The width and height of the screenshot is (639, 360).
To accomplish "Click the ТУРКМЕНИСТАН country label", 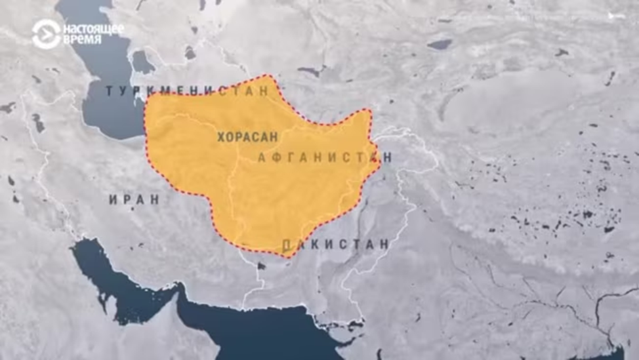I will [188, 90].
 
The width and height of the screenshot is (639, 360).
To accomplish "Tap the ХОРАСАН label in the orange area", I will [247, 137].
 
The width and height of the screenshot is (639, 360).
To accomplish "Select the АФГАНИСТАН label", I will [324, 157].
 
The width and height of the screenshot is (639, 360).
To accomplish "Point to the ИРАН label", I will [134, 199].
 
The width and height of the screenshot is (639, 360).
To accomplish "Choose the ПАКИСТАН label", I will [335, 245].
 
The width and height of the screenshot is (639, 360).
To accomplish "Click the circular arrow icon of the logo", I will [46, 33].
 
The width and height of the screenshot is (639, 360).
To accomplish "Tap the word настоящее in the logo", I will [93, 28].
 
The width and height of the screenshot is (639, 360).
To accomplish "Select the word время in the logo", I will [83, 39].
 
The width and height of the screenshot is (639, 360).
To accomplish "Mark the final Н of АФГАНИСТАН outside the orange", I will [388, 157].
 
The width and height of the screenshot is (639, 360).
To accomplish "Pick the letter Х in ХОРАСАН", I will [221, 137].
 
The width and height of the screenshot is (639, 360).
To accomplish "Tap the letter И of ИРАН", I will [113, 199].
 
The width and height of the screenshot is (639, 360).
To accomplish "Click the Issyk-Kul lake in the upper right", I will [439, 44].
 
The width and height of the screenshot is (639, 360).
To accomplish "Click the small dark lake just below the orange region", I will [260, 266].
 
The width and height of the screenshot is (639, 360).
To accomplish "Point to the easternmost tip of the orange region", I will [381, 159].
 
